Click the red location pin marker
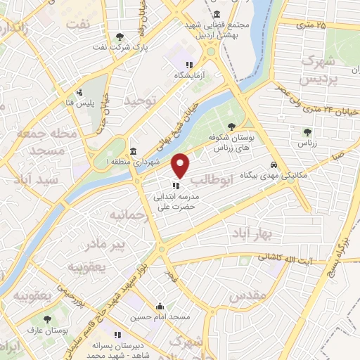click(181, 165)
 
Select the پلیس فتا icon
click(81, 91)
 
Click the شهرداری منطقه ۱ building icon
click(134, 152)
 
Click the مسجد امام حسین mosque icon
click(160, 307)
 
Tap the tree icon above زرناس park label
click(307, 131)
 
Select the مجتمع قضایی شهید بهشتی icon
click(215, 15)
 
